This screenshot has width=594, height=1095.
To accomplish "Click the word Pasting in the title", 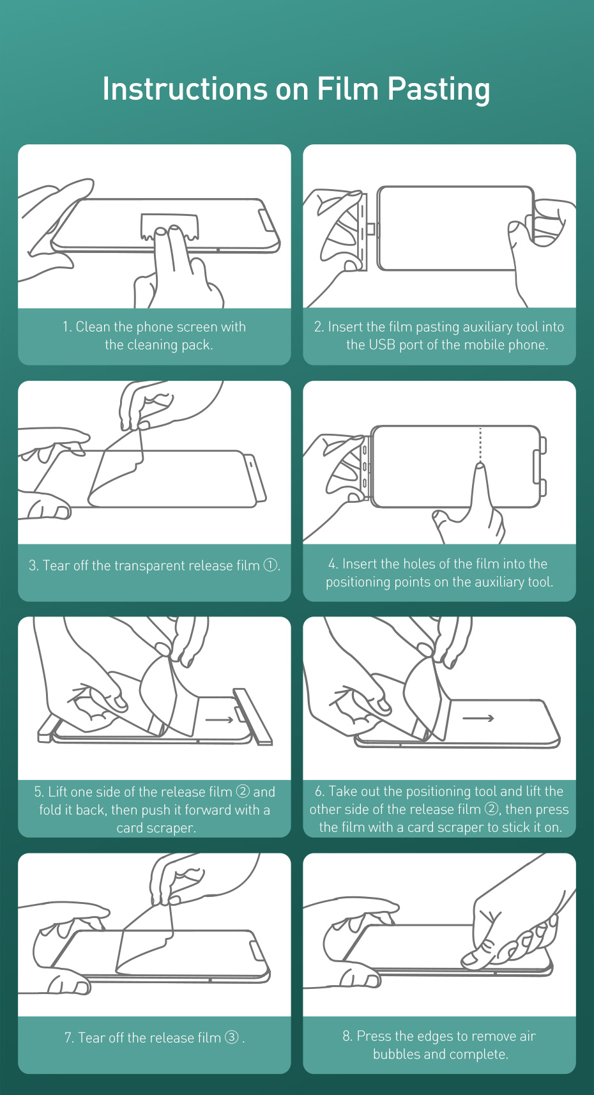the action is pos(438,89).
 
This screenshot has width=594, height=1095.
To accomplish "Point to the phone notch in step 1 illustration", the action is pos(266,220).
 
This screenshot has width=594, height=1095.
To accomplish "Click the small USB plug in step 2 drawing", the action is pos(371,229).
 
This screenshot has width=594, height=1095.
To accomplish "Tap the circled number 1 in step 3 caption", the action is pos(270,565).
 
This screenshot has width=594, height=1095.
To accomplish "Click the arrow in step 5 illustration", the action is pos(220,719).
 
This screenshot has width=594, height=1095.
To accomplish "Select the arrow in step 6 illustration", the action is pos(478,718).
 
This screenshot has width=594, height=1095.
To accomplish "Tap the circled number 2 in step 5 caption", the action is pos(243,791).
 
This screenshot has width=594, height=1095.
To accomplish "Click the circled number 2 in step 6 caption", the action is pos(491,809).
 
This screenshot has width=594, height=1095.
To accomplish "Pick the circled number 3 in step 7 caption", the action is pos(231,1037).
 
